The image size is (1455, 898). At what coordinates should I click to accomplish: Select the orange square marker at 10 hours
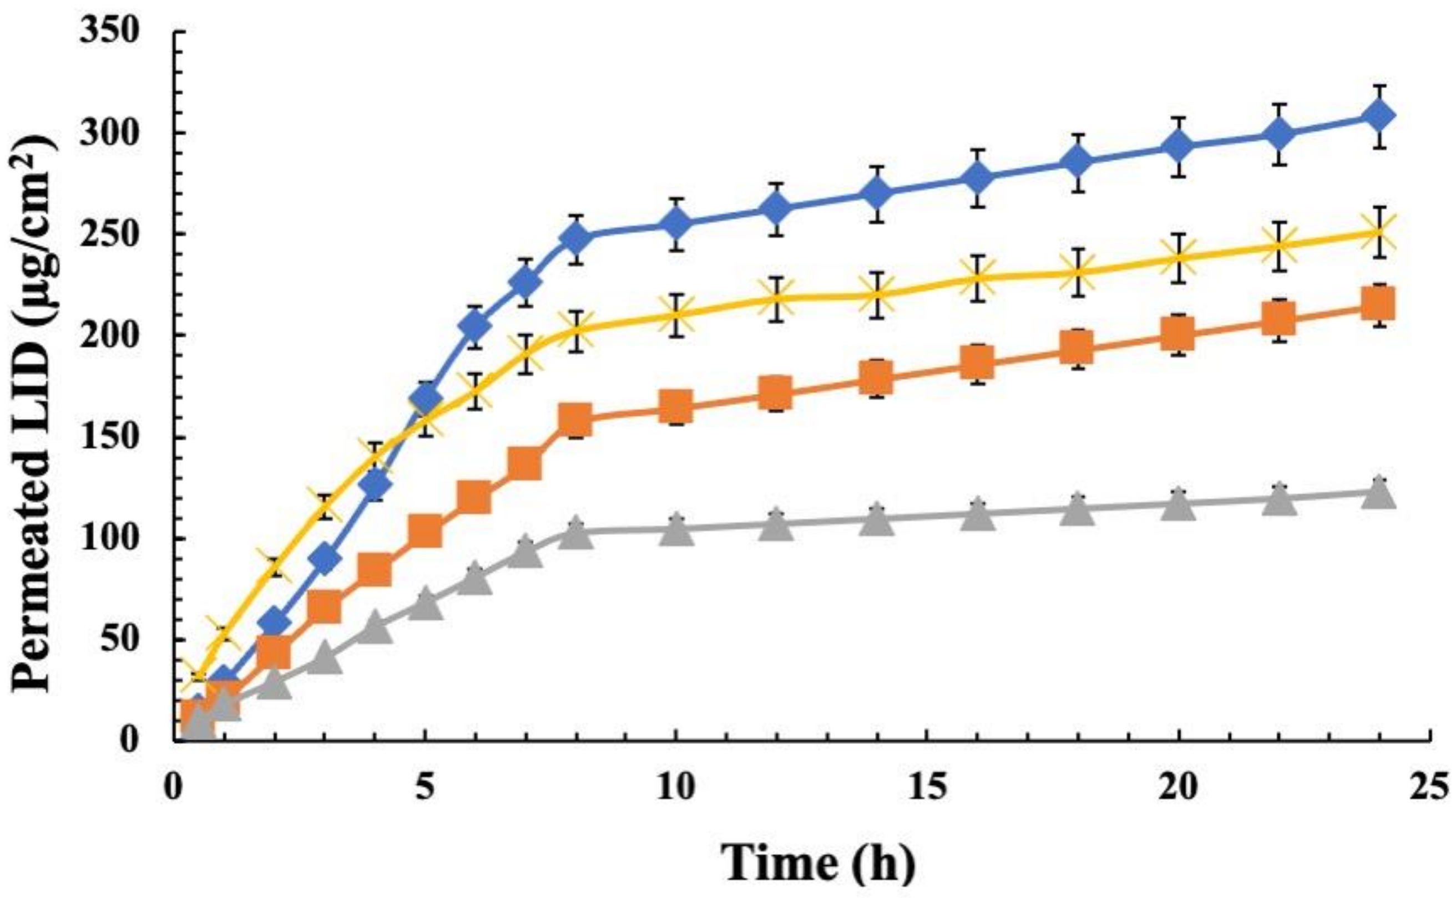point(676,407)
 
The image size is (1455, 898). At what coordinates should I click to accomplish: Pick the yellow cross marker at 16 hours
point(977,278)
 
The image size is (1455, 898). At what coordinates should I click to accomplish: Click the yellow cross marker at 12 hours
point(776,299)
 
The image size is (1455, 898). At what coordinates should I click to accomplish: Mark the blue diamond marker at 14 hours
point(877,195)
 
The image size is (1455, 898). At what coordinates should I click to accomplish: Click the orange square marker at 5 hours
point(425,531)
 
